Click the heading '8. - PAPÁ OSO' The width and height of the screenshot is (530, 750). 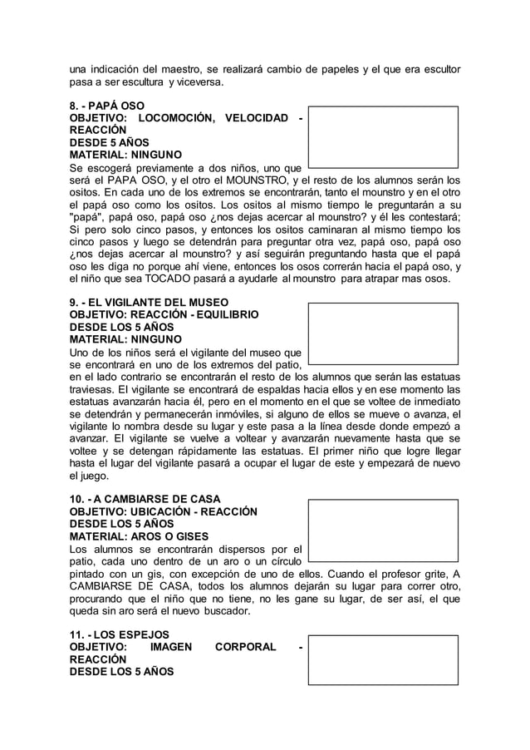pyautogui.click(x=106, y=106)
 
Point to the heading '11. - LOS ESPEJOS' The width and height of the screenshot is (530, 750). pyautogui.click(x=119, y=634)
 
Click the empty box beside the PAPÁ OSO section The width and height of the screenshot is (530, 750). pyautogui.click(x=383, y=136)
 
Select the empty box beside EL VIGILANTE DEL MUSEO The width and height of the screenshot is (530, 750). pyautogui.click(x=383, y=333)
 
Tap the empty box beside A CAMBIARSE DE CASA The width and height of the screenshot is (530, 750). pyautogui.click(x=383, y=530)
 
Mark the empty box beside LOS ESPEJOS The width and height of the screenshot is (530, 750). pyautogui.click(x=383, y=660)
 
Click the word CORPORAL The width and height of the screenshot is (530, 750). pyautogui.click(x=245, y=646)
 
